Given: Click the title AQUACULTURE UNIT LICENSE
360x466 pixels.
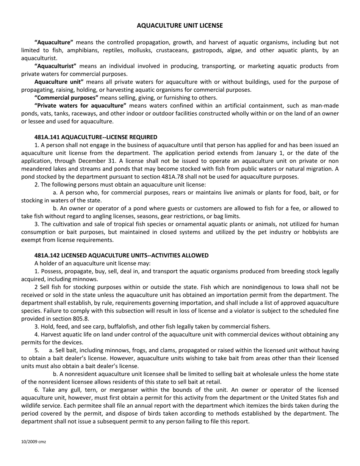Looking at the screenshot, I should pyautogui.click(x=180, y=26).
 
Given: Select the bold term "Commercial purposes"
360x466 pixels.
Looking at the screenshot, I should pyautogui.click(x=66, y=98).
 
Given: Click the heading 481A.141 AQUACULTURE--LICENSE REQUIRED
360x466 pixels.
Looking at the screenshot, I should pyautogui.click(x=95, y=137).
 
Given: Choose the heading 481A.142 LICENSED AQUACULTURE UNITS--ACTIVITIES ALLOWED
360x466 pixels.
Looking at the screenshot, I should pyautogui.click(x=121, y=256).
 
